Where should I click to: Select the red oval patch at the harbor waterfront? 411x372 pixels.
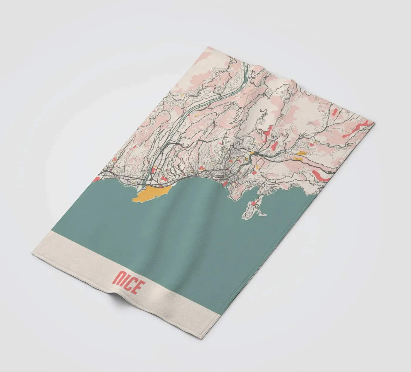click(225, 184)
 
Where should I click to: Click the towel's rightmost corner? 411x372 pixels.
click(375, 123)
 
